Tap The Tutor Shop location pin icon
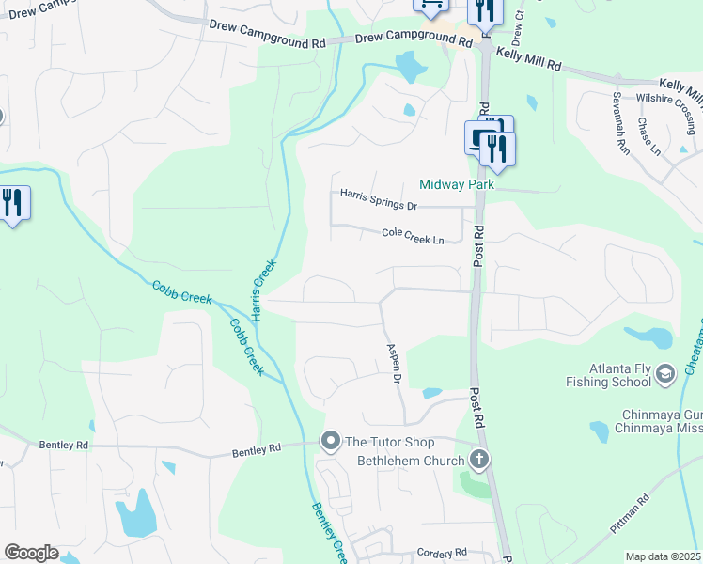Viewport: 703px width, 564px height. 330,440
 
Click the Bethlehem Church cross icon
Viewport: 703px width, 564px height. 479,460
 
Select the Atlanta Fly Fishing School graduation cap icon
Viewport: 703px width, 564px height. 666,374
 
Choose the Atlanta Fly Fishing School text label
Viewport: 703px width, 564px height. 607,375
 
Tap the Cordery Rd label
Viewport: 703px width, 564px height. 442,554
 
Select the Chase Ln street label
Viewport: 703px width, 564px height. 649,137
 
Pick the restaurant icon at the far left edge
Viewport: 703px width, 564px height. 11,203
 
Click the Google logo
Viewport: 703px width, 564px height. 31,553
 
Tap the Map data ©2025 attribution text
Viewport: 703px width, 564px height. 663,556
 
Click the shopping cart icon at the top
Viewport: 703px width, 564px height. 430,6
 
